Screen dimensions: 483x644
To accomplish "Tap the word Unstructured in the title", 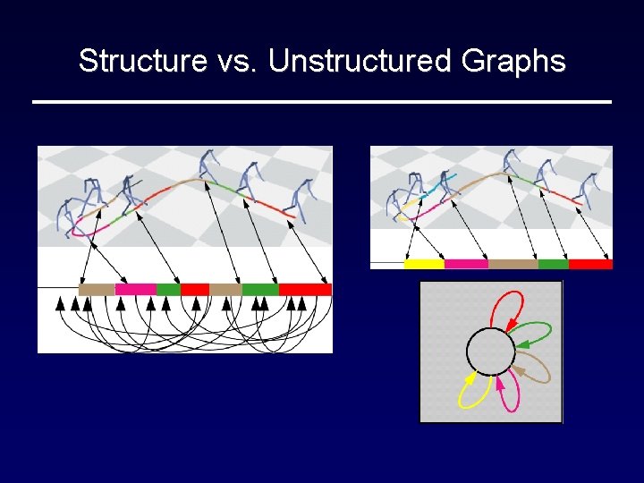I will click(x=360, y=61).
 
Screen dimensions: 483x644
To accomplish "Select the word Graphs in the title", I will click(x=513, y=61).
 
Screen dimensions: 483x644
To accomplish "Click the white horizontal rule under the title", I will click(x=322, y=102).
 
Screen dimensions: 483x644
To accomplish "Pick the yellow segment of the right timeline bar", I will click(x=424, y=264).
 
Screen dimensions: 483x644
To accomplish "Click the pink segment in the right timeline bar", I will click(x=466, y=264).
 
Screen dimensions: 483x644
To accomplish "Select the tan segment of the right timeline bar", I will click(x=513, y=264).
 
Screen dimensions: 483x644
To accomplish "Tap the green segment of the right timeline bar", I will click(x=553, y=264).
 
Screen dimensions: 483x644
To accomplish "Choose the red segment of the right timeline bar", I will click(x=590, y=264).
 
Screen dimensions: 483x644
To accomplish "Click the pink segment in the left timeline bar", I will click(x=135, y=289).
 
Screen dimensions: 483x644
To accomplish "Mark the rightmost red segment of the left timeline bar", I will click(x=305, y=289).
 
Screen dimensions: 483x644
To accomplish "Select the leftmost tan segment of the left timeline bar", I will click(x=97, y=289).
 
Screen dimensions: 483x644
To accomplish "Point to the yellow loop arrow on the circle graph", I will click(x=468, y=390).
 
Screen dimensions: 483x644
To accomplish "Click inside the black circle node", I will click(x=490, y=352).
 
